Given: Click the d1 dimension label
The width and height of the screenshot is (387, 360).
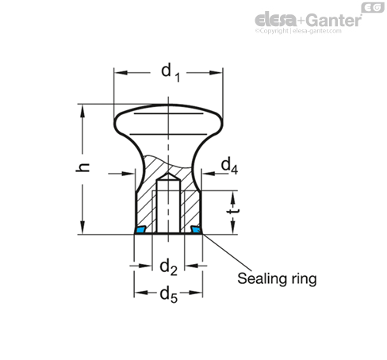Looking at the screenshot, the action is tap(171, 72).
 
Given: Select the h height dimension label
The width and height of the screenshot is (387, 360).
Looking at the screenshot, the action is tap(82, 167).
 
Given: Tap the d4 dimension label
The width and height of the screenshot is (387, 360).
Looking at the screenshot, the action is tap(229, 166).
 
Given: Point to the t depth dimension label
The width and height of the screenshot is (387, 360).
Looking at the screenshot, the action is tap(234, 211).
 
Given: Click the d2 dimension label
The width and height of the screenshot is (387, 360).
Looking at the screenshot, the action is tap(168, 267).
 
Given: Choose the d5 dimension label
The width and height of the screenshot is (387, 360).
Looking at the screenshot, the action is tap(168, 295).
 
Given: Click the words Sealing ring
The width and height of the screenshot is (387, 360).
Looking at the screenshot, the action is tap(277, 279).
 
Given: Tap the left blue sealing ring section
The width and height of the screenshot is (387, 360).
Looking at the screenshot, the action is tap(140, 229).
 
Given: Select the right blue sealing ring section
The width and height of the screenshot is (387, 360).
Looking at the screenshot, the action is tap(196, 229).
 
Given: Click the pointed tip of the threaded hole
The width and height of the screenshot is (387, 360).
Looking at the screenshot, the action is tap(168, 174).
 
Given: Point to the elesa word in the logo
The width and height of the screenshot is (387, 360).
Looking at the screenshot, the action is tap(276, 20).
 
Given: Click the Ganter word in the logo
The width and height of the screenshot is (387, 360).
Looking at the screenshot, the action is tap(334, 21).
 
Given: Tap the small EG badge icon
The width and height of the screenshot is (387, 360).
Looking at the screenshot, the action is tap(373, 8).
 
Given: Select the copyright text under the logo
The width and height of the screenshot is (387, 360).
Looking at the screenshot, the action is tap(298, 31).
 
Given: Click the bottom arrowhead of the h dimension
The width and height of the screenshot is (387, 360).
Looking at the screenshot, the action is tap(82, 228).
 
